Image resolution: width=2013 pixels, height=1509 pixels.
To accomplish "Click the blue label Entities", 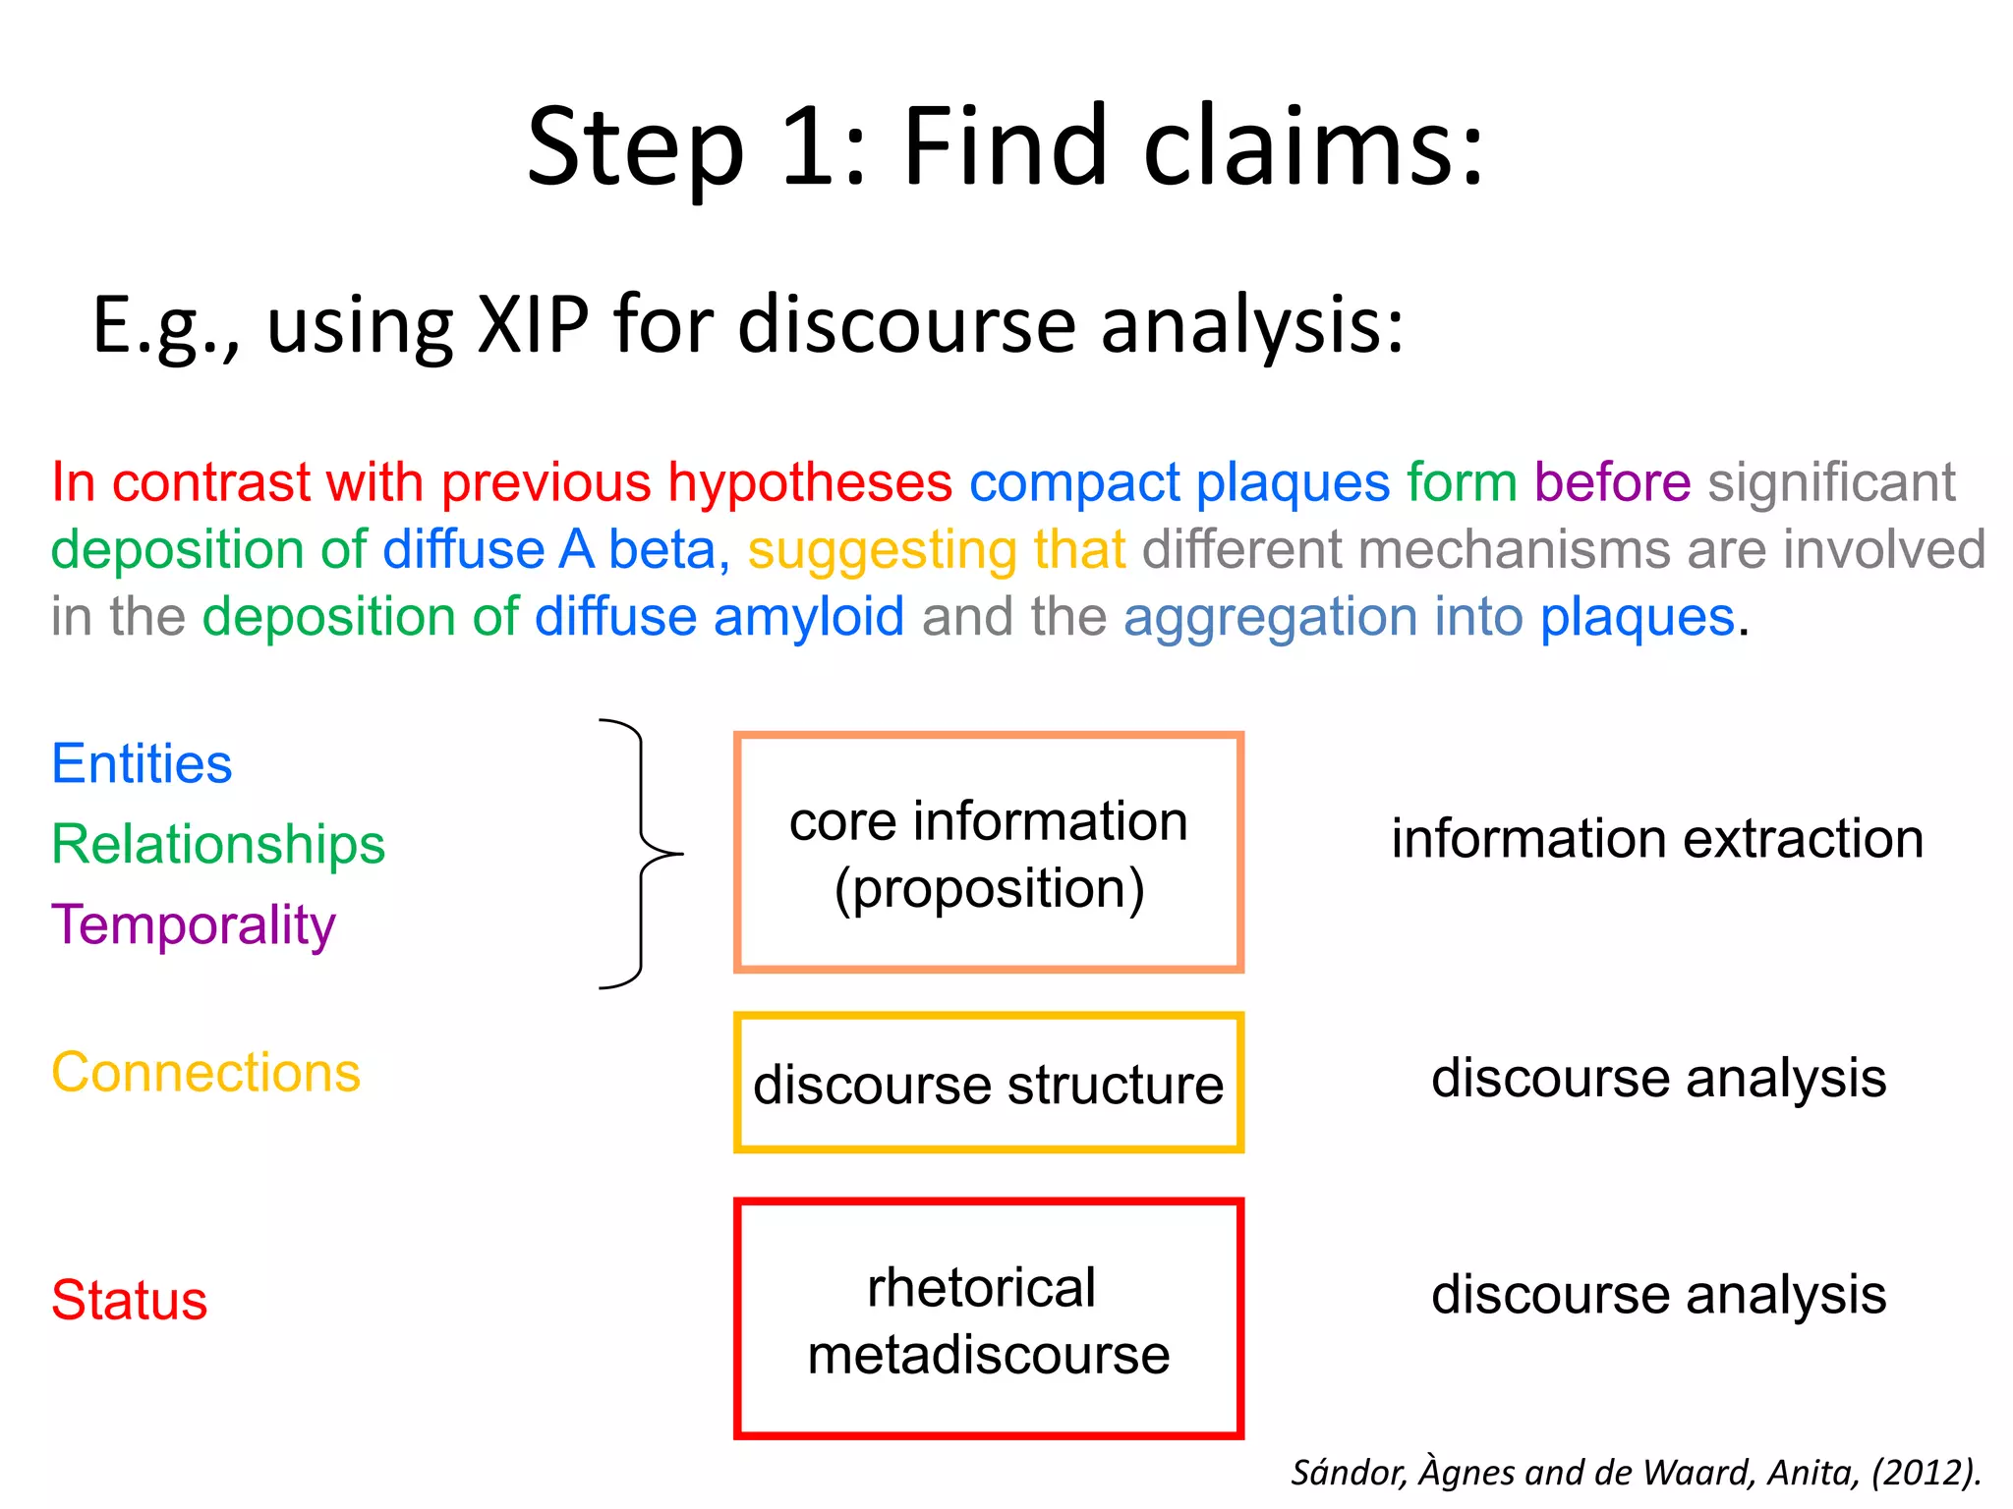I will click(142, 764).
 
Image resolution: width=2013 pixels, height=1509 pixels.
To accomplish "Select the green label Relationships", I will click(217, 845).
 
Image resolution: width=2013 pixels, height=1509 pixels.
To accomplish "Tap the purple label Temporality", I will click(194, 925).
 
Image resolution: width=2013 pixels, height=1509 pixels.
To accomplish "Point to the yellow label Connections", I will click(205, 1073).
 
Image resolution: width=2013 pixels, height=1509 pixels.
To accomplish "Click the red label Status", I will click(129, 1301).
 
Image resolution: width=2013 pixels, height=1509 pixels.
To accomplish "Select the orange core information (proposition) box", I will click(988, 853).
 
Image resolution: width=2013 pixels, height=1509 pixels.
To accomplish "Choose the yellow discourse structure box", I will click(988, 1083).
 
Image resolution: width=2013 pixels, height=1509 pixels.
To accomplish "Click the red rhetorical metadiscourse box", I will click(988, 1319).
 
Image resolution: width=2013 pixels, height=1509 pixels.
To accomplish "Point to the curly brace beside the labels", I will click(641, 853).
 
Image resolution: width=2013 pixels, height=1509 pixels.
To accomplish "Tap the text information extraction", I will click(1657, 840).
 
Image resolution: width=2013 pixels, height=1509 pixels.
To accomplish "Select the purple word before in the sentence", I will click(1612, 482).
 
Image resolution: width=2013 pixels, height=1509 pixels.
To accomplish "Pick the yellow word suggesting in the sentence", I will click(881, 549).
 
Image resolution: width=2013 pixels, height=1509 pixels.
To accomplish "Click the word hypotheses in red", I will click(810, 482).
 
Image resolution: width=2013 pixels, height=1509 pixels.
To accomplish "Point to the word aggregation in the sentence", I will click(1270, 617).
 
